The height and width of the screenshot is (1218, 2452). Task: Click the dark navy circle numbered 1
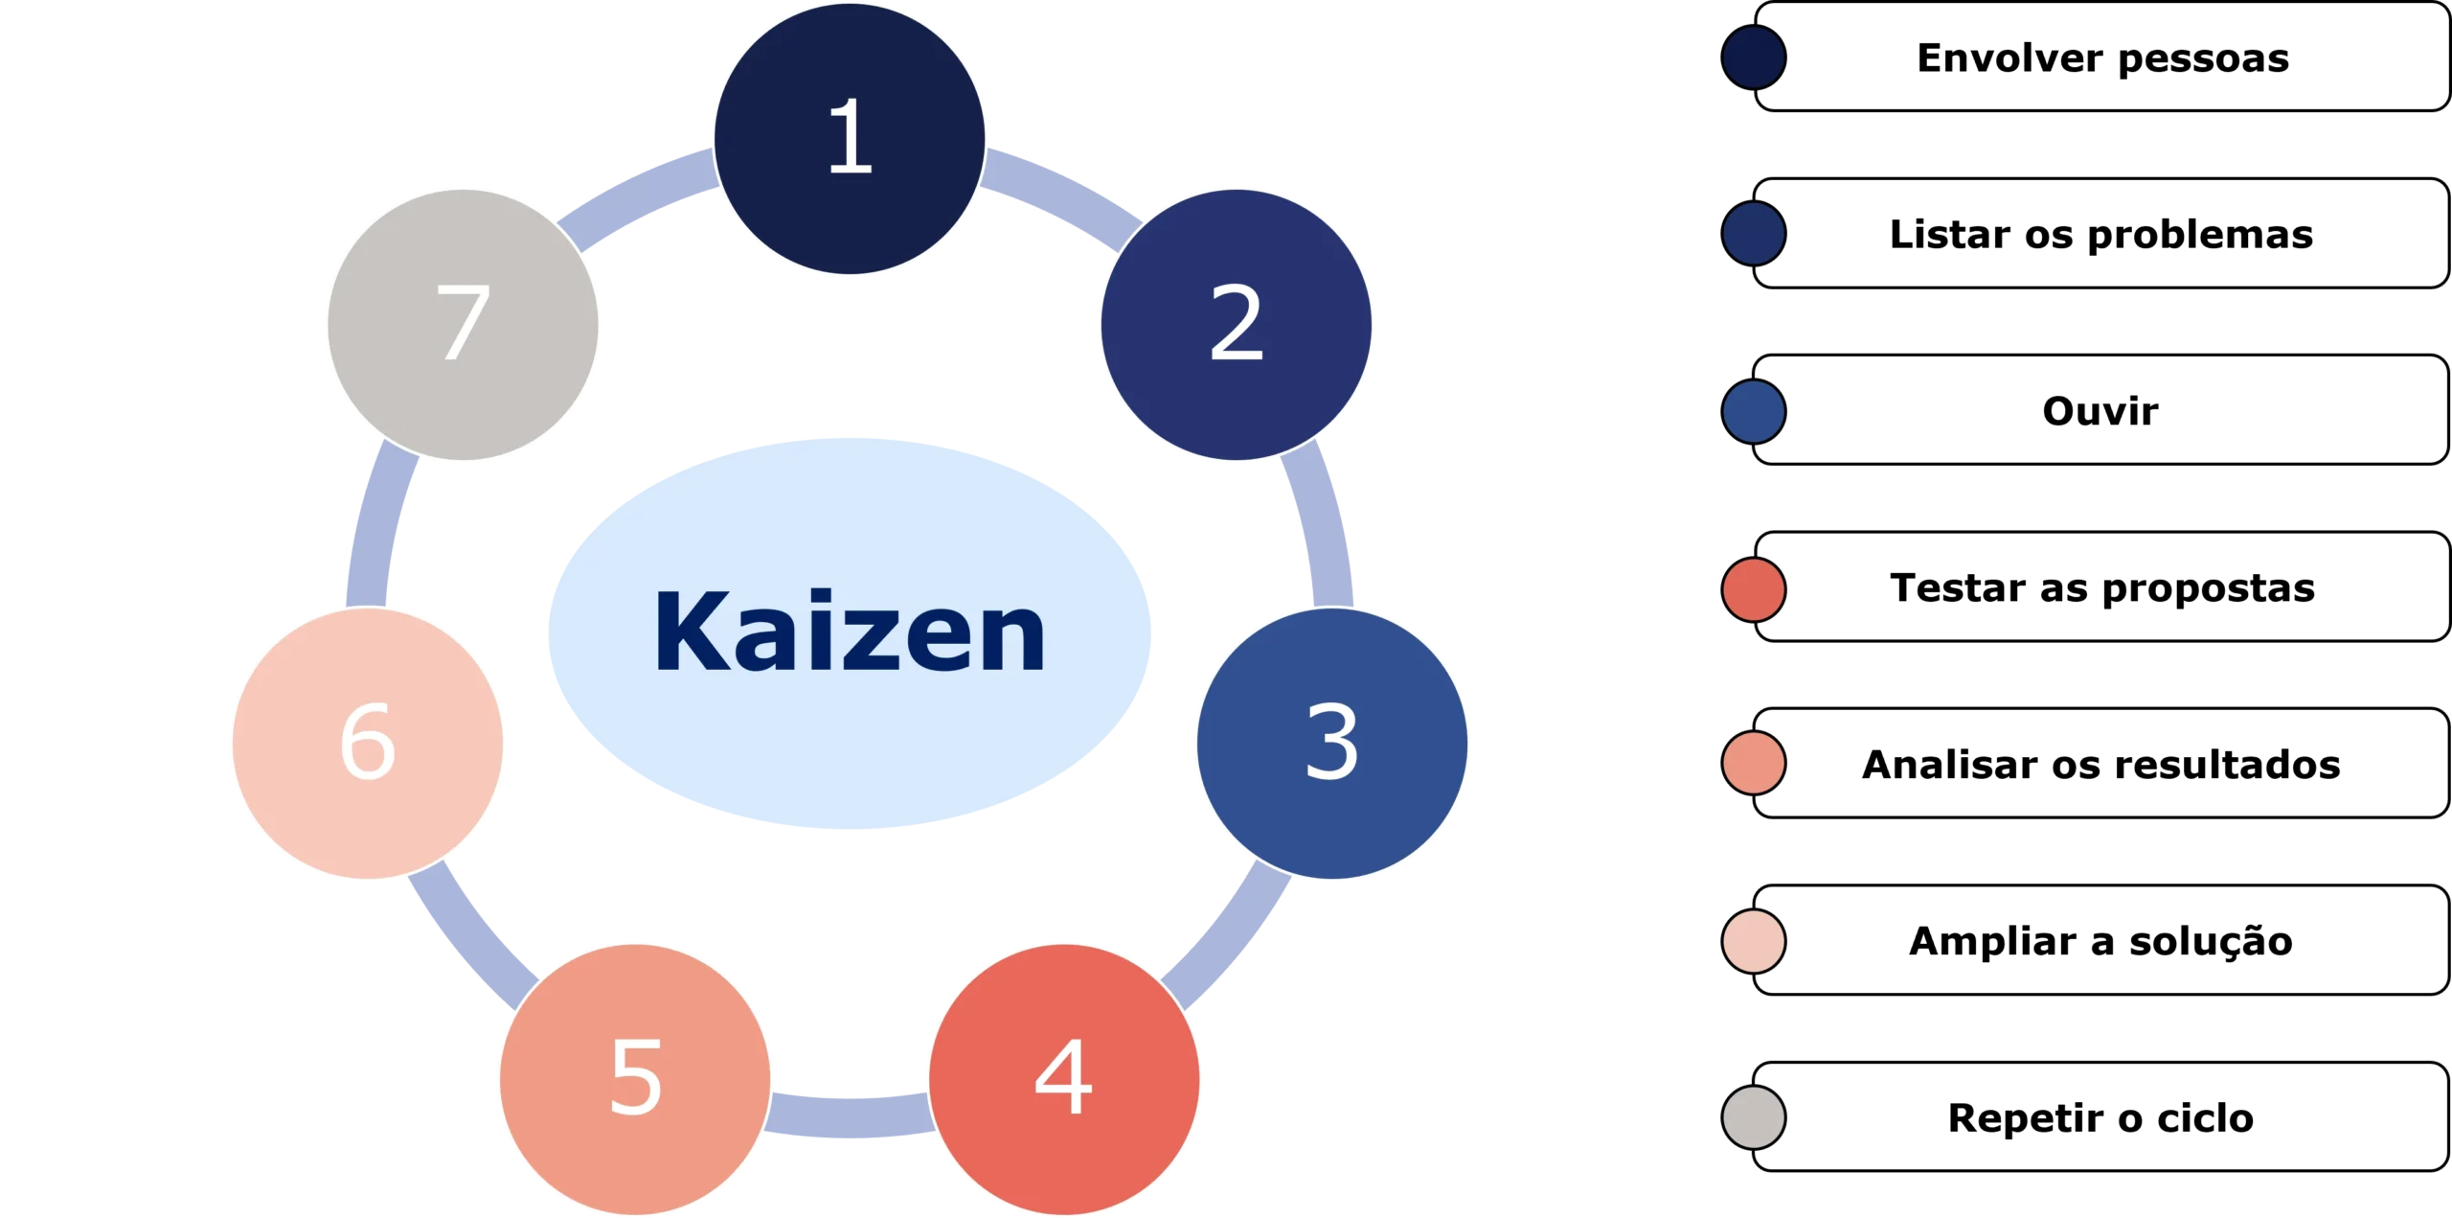(x=850, y=139)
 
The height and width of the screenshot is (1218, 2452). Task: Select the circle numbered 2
(x=1236, y=324)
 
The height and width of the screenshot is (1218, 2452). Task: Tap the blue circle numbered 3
(x=1331, y=743)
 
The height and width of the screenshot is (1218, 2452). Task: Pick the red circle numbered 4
(x=1064, y=1079)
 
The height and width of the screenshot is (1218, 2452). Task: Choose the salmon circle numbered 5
(x=636, y=1079)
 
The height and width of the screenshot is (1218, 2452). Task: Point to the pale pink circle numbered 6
(x=368, y=743)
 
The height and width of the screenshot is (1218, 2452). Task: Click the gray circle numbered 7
(x=463, y=324)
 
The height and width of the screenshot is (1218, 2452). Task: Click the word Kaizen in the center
(x=850, y=633)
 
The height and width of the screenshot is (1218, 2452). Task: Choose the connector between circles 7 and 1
(x=640, y=196)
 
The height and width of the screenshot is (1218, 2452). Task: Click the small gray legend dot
(x=1753, y=1116)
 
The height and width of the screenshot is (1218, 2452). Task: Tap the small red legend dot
(x=1753, y=589)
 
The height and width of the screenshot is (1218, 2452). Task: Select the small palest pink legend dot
(x=1753, y=940)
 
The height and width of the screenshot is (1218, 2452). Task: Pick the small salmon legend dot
(x=1753, y=764)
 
